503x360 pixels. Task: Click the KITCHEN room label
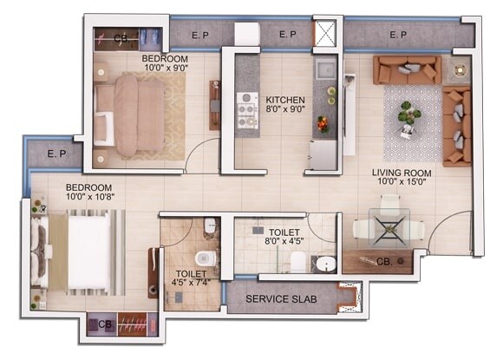pos(284,99)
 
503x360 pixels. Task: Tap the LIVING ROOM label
pos(402,173)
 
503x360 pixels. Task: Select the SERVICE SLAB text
pos(281,299)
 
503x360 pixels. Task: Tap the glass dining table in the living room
pos(388,227)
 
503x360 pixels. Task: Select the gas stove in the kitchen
pos(247,109)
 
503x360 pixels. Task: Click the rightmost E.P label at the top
pos(398,35)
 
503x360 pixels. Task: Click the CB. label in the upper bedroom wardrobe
pos(121,39)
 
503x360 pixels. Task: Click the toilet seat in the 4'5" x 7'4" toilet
pos(204,258)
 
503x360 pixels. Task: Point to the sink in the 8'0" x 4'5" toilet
pos(325,265)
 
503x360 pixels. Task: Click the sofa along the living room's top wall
pos(407,69)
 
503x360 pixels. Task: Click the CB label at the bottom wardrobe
pos(105,324)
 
